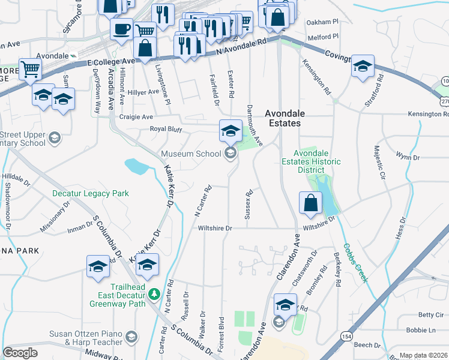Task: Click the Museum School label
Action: (x=191, y=154)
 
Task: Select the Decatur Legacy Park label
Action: (x=91, y=194)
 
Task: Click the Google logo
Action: (x=20, y=353)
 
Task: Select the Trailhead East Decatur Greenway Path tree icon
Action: (x=154, y=294)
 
